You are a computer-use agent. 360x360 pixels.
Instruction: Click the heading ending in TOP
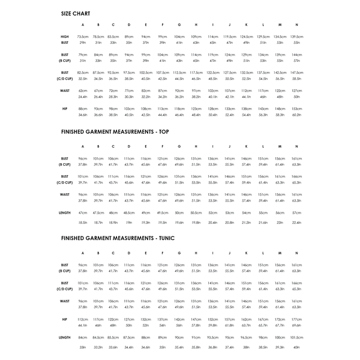click(x=110, y=131)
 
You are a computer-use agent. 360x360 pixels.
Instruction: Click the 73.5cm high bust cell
click(x=83, y=37)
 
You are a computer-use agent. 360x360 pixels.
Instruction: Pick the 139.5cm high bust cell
click(x=296, y=37)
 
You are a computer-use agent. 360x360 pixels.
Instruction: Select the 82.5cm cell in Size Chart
click(x=83, y=73)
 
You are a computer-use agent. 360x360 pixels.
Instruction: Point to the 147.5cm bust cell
click(x=296, y=73)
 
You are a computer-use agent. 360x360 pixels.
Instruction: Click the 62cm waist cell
click(x=83, y=91)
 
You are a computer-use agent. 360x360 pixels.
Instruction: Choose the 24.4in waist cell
click(x=83, y=97)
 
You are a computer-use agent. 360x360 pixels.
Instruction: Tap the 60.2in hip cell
click(x=296, y=115)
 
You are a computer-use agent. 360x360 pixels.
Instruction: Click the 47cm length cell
click(x=83, y=213)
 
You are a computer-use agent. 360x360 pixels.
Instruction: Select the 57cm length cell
click(x=296, y=213)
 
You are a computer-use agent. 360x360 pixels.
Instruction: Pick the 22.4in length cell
click(x=296, y=223)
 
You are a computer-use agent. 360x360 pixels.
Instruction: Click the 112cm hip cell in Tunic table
click(x=83, y=319)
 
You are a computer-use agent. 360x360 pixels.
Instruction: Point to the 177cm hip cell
click(x=296, y=319)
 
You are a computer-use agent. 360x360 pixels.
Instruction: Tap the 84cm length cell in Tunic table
click(x=83, y=337)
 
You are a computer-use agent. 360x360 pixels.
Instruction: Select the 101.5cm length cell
click(x=296, y=337)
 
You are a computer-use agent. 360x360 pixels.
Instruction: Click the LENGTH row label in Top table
click(x=65, y=213)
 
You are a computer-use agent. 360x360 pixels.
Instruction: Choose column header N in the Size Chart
click(x=296, y=25)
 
